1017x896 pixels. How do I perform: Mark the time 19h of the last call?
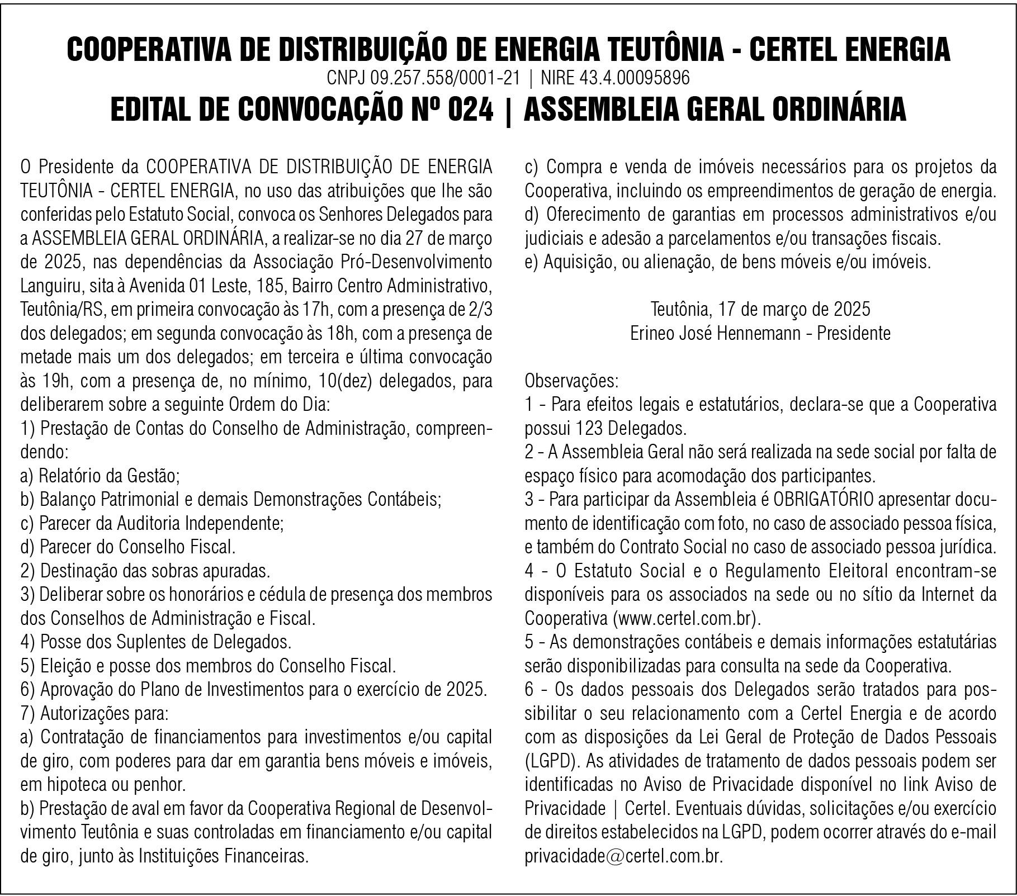pyautogui.click(x=55, y=381)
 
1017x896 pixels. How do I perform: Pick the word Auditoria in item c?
pyautogui.click(x=149, y=524)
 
